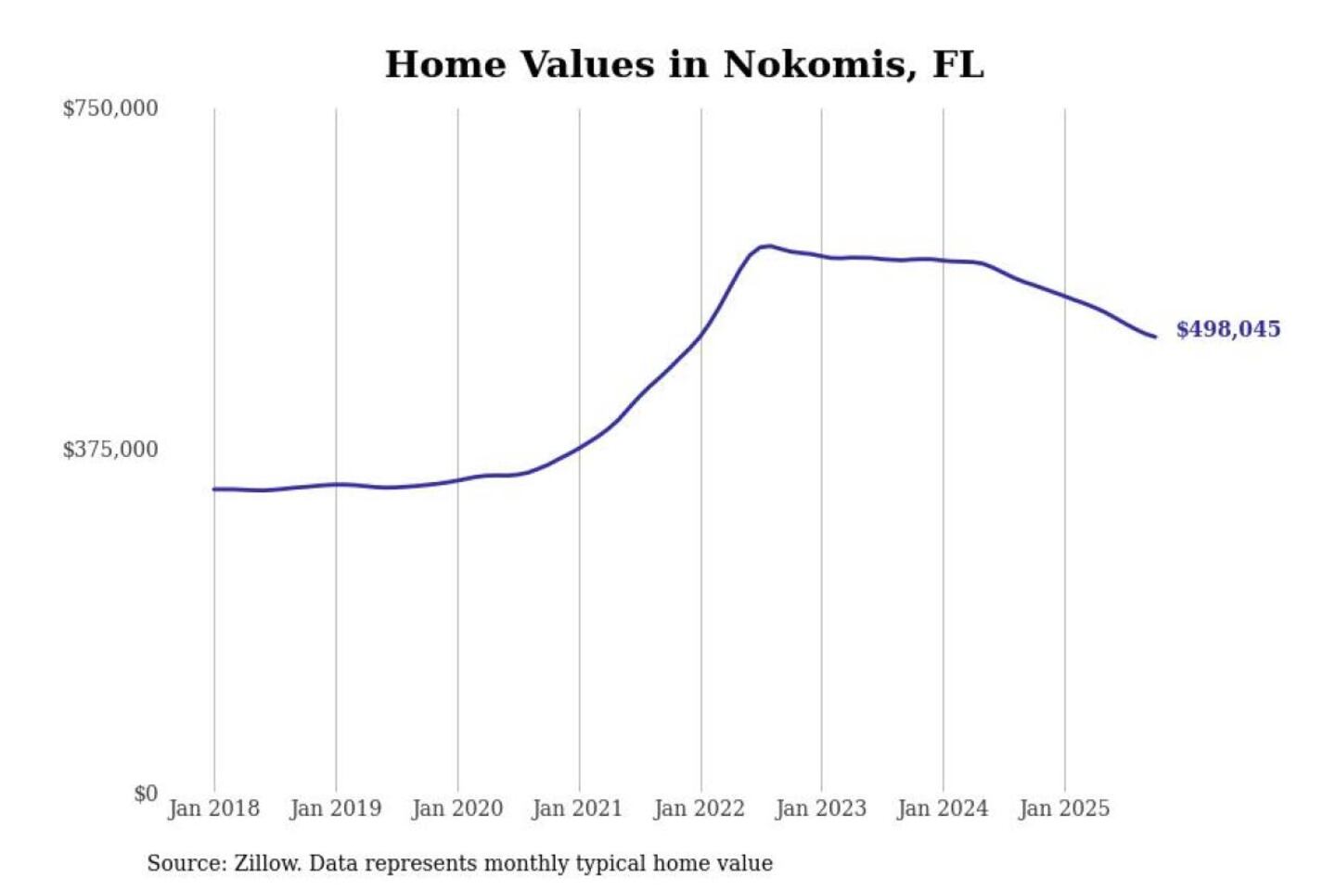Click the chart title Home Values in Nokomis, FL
tap(684, 65)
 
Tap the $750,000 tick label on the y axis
tap(110, 108)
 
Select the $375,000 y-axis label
tap(110, 450)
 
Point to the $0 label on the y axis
tap(146, 794)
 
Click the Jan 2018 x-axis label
tap(213, 808)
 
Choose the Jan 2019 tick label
tap(335, 808)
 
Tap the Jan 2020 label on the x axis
tap(456, 808)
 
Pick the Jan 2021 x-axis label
tap(577, 808)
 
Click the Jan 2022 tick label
tap(699, 808)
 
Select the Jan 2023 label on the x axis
tap(820, 808)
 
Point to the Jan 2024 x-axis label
tap(942, 808)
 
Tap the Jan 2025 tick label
tap(1063, 808)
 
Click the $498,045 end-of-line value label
tap(1227, 329)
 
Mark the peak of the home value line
tap(766, 246)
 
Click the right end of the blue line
tap(1155, 337)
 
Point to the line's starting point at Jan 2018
tap(214, 489)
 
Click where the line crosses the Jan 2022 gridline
tap(701, 334)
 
